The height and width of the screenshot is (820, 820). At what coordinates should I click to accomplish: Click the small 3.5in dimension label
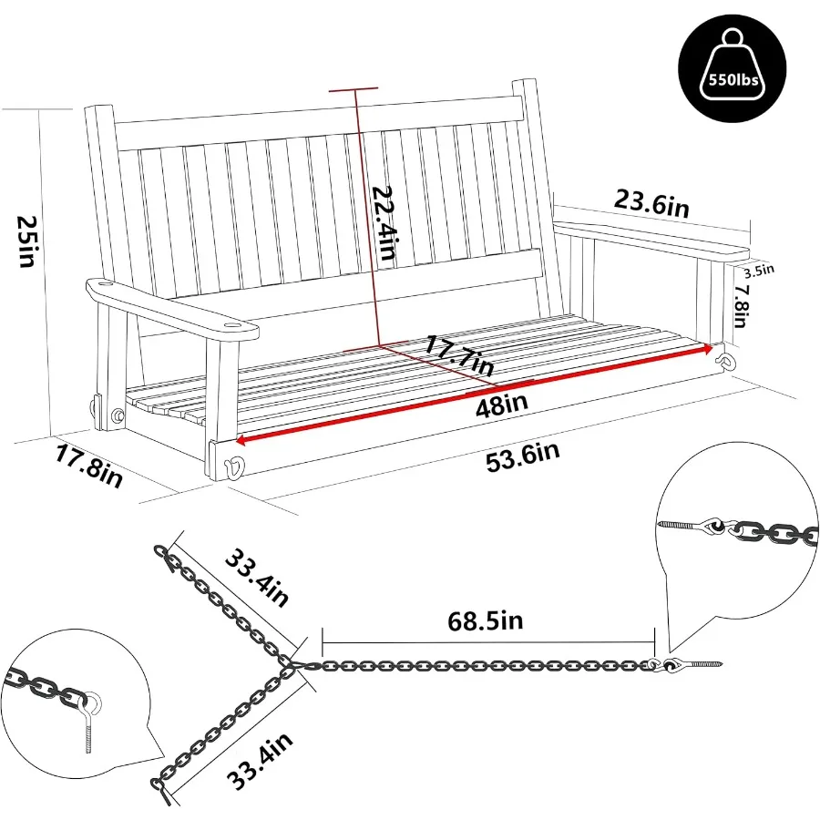759,269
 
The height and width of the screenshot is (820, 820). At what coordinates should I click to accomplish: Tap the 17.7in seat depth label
457,353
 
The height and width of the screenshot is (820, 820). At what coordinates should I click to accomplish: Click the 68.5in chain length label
485,620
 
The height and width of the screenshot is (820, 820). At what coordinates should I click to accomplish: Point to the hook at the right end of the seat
726,361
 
